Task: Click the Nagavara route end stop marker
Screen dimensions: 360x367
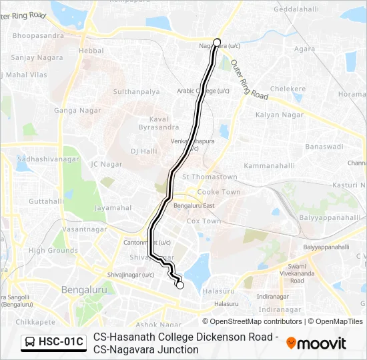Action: tap(216, 42)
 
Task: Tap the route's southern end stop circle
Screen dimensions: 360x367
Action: tap(179, 285)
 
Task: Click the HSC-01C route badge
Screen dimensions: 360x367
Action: tap(53, 343)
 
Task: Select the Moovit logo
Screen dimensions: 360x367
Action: tap(316, 343)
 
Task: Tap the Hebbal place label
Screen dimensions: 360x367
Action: tap(91, 50)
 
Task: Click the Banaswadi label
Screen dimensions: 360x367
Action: tap(324, 146)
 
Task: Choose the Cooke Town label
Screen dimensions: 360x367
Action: tap(222, 192)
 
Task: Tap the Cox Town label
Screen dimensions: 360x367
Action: tap(204, 221)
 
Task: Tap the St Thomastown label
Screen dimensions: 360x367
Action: tap(210, 177)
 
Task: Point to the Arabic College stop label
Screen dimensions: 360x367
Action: tap(203, 91)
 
